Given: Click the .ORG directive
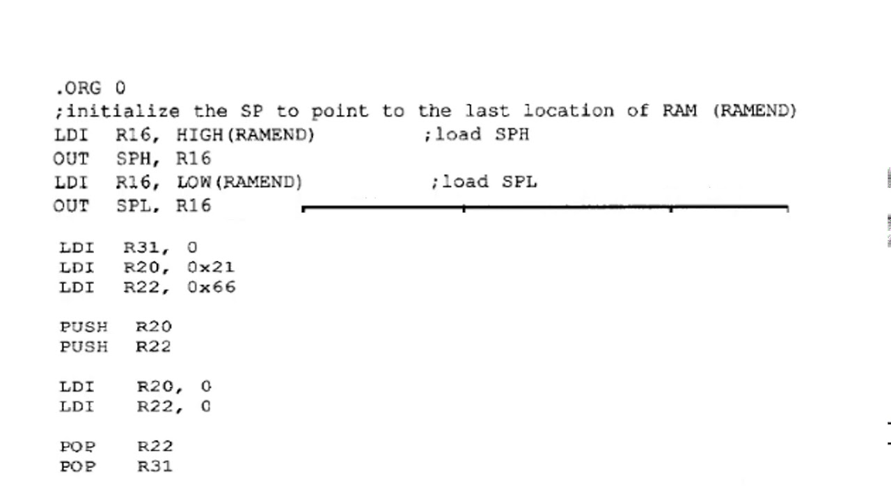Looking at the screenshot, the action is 78,88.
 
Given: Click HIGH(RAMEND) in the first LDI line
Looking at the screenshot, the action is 245,134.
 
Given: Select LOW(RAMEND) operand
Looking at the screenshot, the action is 239,182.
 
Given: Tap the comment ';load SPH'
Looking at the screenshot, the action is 476,134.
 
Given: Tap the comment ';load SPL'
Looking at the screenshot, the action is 484,182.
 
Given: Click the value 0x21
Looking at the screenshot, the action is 210,267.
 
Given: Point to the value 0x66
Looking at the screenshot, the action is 211,287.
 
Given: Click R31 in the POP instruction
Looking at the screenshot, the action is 155,466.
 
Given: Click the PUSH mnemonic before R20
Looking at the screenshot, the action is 84,326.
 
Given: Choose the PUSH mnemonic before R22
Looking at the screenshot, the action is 84,346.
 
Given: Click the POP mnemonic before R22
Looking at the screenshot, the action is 77,446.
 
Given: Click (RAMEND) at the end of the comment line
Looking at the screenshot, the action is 755,111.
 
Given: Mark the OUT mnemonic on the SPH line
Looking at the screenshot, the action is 71,159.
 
